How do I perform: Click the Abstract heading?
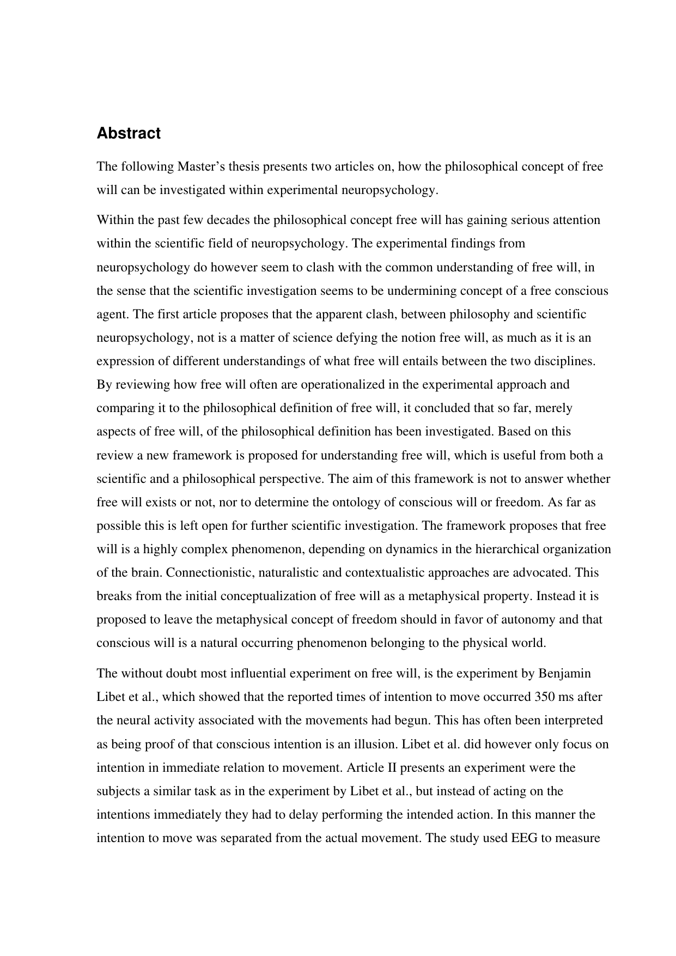click(129, 134)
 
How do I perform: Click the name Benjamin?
click(564, 673)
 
